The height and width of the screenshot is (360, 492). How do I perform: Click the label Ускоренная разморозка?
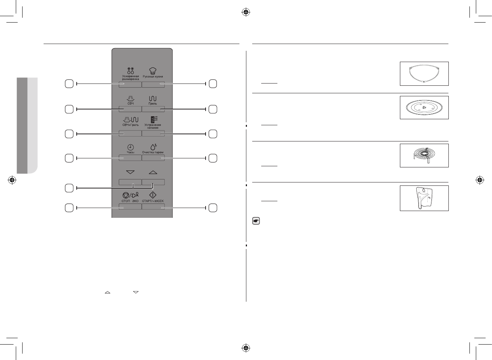(x=130, y=78)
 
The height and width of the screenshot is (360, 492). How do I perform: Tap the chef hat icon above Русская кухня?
(x=153, y=70)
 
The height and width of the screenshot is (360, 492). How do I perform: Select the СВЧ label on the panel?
(x=130, y=103)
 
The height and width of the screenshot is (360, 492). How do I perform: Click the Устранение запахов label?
(x=153, y=126)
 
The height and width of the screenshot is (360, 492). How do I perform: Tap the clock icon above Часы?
(x=130, y=147)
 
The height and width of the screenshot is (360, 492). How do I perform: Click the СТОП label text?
(x=126, y=201)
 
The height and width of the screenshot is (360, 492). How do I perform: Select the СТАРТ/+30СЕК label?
(x=153, y=201)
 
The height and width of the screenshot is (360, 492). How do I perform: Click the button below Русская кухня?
(x=153, y=85)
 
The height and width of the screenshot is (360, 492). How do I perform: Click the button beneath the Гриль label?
(x=153, y=109)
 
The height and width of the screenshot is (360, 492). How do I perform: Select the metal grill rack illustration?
(x=424, y=155)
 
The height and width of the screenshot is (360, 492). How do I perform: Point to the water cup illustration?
(x=424, y=198)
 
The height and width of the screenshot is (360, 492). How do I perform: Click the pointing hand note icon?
(x=256, y=221)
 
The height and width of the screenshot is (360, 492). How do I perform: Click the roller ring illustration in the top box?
(x=424, y=74)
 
